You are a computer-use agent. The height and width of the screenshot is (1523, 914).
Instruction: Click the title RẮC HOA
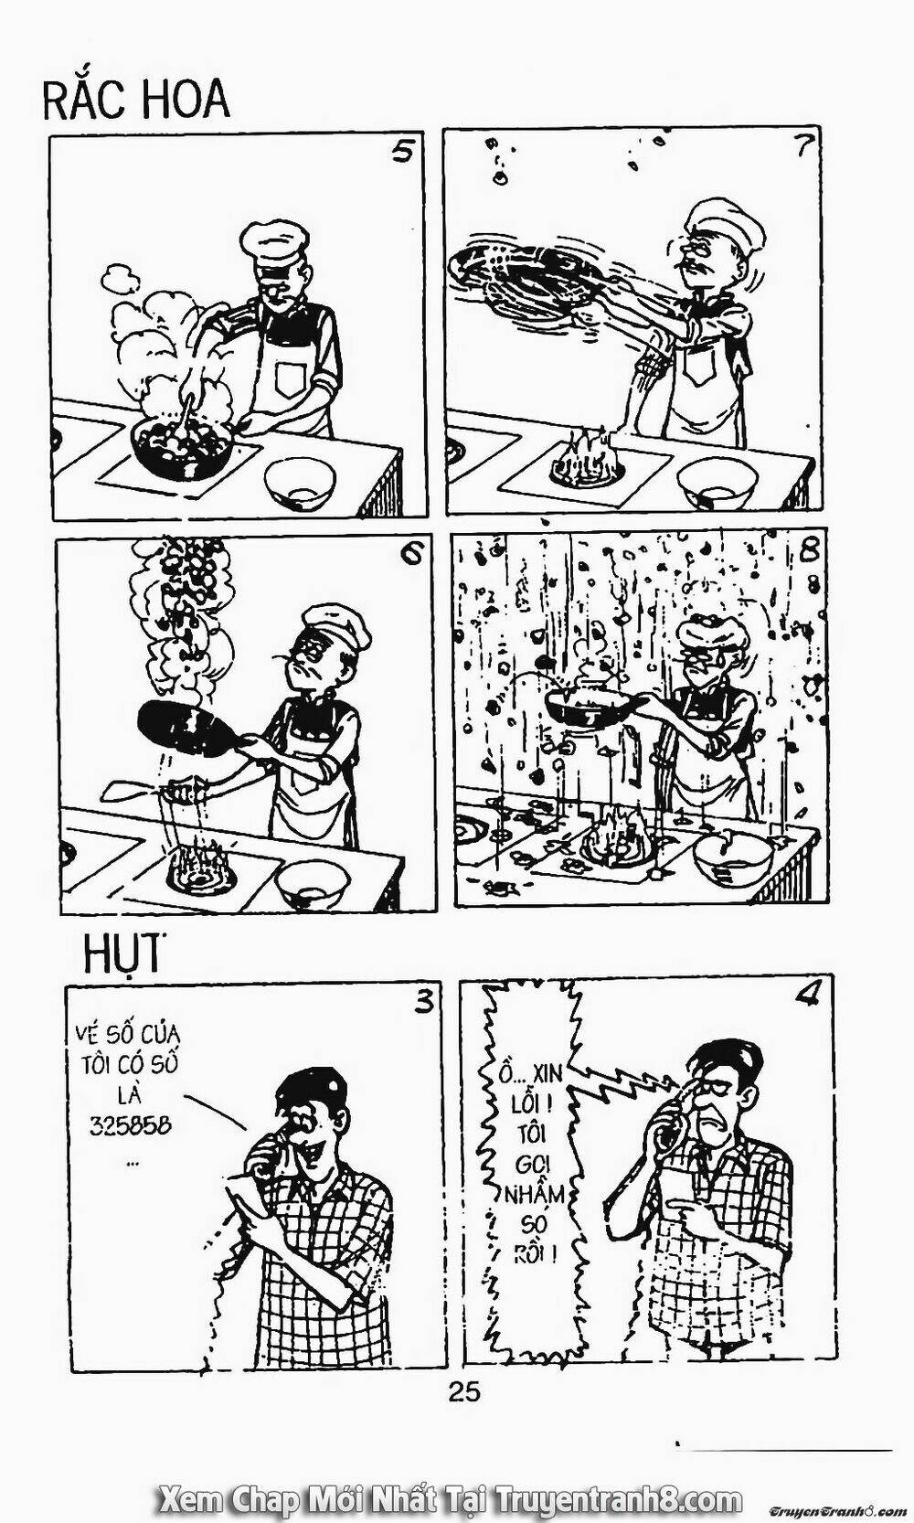click(x=136, y=101)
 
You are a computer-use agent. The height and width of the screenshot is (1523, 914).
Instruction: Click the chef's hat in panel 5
click(x=274, y=246)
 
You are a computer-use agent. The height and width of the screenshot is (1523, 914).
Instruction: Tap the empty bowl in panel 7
click(x=717, y=481)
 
